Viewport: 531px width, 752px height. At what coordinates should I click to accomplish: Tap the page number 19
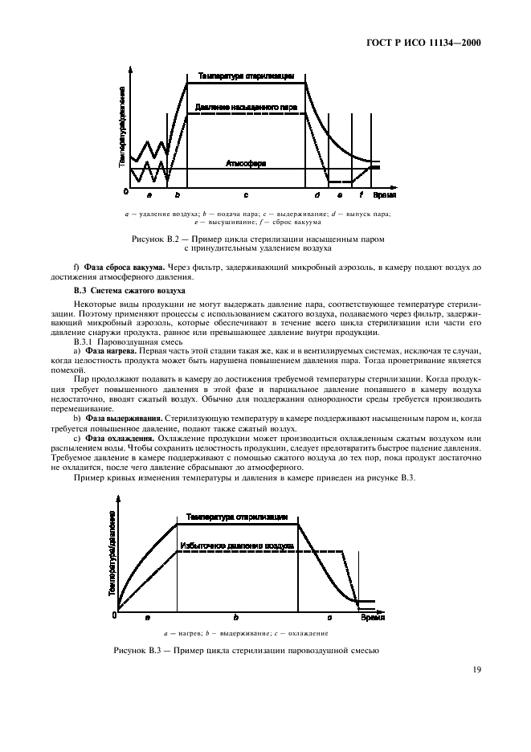coord(476,669)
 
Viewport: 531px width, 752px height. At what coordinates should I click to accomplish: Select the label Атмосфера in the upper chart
coord(246,163)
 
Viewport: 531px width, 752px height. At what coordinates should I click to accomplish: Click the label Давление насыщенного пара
coord(246,106)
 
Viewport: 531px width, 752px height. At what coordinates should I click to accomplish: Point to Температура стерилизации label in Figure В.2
coord(246,76)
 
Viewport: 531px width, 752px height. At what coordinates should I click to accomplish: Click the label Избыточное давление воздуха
coord(235,544)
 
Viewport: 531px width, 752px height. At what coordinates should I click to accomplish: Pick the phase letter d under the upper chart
coord(317,195)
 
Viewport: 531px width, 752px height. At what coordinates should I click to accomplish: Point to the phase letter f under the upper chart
coord(361,195)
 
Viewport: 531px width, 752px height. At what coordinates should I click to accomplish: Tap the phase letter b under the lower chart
coord(235,617)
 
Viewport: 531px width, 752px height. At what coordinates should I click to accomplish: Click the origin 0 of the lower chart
coord(114,615)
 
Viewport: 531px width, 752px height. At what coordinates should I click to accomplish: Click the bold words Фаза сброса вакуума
coord(124,267)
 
